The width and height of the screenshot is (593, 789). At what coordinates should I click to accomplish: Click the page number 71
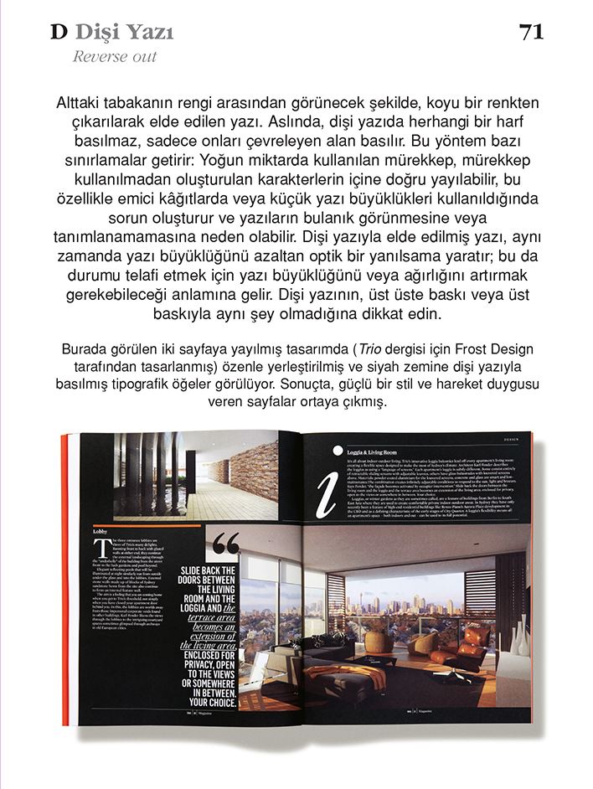(531, 32)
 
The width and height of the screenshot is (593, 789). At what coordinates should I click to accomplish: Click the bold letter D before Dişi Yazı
(58, 33)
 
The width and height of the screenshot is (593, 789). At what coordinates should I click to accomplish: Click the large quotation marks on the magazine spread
(224, 546)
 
